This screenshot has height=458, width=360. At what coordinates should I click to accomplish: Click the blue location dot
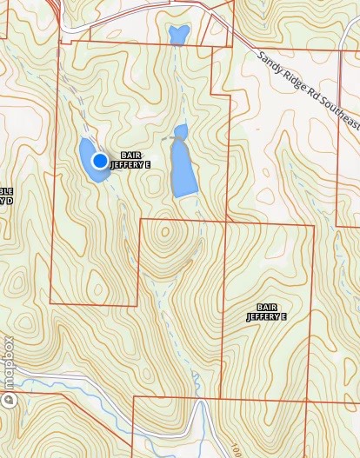tap(100, 160)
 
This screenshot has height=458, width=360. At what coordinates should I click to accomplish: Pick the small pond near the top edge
tap(179, 35)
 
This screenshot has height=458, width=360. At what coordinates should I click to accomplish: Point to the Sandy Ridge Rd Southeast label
tap(308, 87)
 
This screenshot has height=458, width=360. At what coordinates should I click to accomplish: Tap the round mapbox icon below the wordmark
tap(9, 401)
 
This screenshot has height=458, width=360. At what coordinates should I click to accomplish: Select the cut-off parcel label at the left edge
tap(6, 196)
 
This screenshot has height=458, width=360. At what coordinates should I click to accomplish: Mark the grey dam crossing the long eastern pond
tap(172, 137)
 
